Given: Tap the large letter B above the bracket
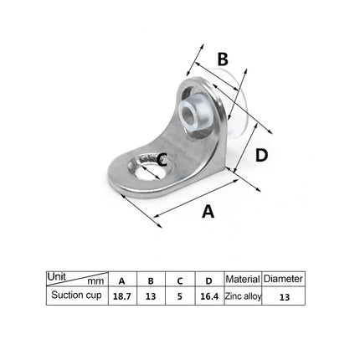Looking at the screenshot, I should (x=223, y=59).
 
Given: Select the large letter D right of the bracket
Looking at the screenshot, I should (x=261, y=155).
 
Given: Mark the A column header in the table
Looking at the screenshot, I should (x=121, y=280).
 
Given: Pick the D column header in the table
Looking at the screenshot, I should (x=208, y=280).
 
